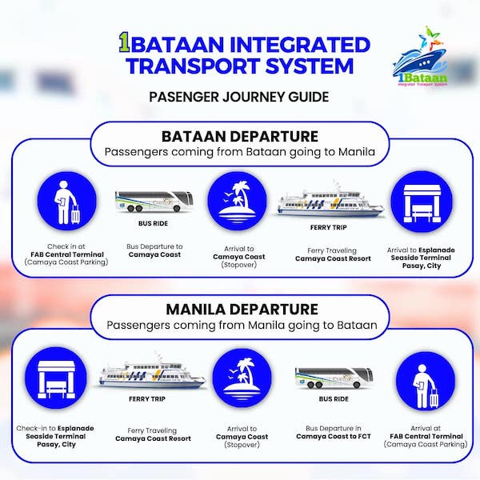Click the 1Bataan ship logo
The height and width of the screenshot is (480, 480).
[420, 57]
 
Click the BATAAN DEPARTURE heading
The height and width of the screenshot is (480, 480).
[240, 137]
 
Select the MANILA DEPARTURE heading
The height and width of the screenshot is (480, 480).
[242, 309]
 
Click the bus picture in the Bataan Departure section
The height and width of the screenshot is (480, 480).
[154, 201]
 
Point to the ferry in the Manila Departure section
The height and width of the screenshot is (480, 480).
[151, 371]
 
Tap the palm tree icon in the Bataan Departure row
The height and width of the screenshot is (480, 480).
[237, 201]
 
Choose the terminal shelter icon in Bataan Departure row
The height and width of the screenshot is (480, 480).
[422, 202]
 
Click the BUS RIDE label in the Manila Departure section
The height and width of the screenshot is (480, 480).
[334, 399]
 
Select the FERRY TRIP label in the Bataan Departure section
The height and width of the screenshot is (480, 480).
[329, 227]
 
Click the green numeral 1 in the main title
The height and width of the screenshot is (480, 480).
[124, 43]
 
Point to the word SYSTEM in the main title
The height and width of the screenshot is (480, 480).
[310, 66]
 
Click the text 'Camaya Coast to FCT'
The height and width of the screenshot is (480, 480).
[334, 436]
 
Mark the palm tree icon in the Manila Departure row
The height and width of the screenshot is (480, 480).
[242, 378]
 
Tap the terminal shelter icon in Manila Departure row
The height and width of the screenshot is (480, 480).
[56, 378]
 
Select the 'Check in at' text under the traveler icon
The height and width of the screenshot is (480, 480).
[66, 246]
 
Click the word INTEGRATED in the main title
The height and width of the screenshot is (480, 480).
[300, 44]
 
